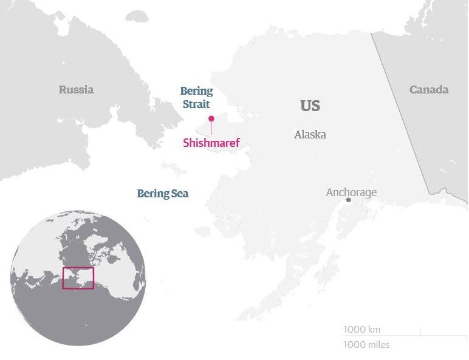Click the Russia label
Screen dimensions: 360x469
tap(76, 90)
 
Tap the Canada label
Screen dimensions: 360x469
tap(428, 90)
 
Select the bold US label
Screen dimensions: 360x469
tap(310, 106)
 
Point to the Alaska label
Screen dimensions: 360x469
tap(310, 135)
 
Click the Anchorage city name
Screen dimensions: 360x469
tap(351, 192)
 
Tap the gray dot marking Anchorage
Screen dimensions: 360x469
tap(348, 200)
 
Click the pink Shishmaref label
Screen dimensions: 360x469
tap(211, 143)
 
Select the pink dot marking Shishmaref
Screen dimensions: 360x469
tap(211, 119)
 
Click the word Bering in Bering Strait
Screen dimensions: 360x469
tap(196, 91)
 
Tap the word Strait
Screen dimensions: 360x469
tap(196, 104)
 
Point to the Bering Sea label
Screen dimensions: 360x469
tap(162, 194)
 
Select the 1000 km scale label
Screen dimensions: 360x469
tap(361, 330)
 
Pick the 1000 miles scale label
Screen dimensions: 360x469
tap(366, 345)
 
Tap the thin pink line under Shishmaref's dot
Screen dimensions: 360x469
tap(211, 128)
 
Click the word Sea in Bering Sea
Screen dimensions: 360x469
tap(179, 194)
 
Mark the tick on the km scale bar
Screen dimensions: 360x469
tap(420, 331)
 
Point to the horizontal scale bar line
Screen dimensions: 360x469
tap(401, 335)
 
